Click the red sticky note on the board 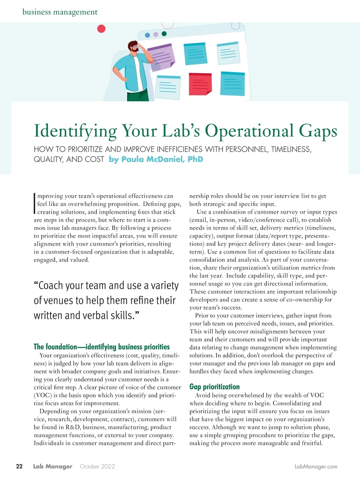200,84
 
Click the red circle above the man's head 102,29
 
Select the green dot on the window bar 164,34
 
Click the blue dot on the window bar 147,35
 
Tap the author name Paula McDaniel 156,159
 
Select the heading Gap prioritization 214,387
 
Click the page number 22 19,466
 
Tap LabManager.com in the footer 316,467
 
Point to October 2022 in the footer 97,466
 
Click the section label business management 60,12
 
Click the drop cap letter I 35,203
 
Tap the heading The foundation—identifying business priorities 102,347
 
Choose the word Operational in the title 249,131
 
